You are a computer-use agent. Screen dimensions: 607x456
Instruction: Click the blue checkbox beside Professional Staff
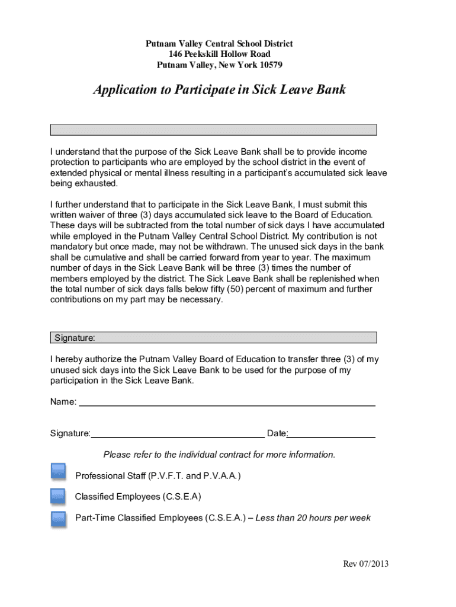click(58, 472)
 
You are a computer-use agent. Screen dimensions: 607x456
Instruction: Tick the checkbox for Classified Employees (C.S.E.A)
click(58, 496)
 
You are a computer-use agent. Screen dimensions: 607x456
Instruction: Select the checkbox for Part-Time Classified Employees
click(58, 519)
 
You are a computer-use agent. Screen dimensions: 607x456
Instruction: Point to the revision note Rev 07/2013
click(365, 564)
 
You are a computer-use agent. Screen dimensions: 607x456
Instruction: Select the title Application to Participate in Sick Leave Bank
click(219, 90)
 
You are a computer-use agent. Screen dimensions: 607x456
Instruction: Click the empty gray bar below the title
click(213, 130)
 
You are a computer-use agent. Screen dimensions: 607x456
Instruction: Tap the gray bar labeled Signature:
click(213, 338)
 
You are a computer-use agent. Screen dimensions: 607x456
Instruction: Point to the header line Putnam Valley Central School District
click(219, 44)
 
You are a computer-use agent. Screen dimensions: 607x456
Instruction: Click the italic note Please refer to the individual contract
click(219, 455)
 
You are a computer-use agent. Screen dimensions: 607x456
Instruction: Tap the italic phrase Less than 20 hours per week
click(313, 518)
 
